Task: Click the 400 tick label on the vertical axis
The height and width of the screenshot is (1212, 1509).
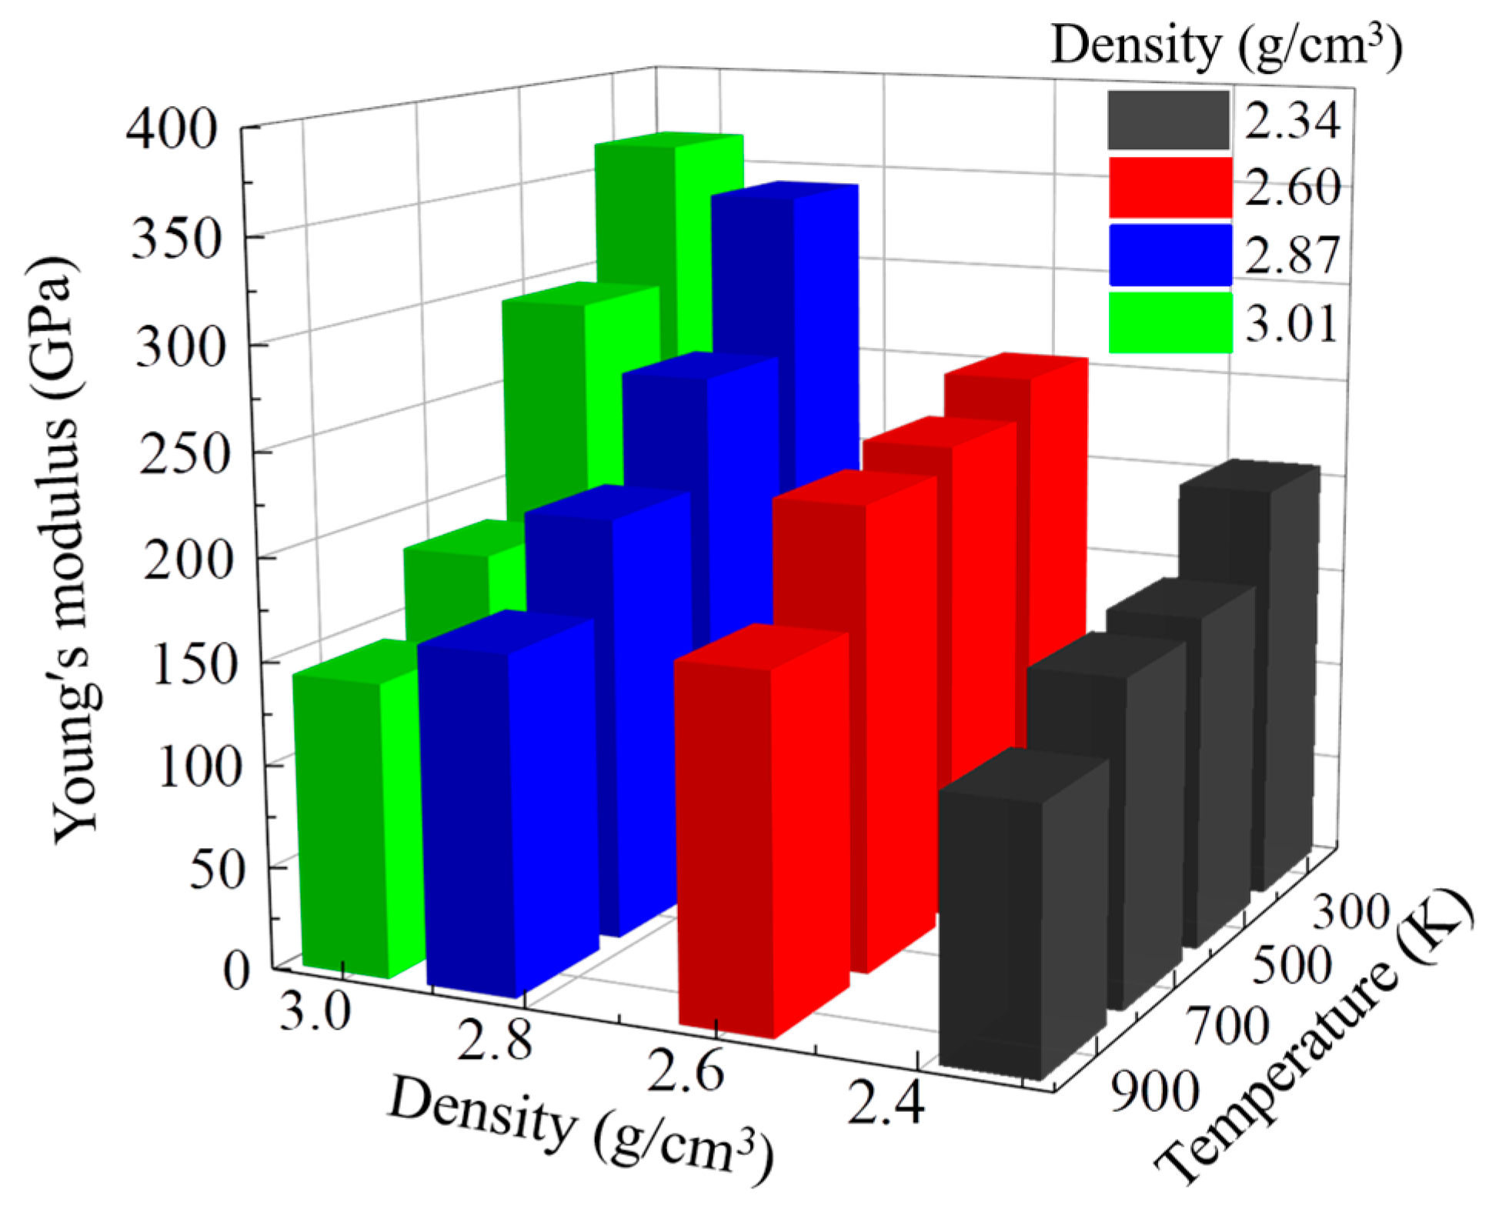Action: pyautogui.click(x=172, y=129)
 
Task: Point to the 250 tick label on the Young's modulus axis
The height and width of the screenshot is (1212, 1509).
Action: pyautogui.click(x=182, y=456)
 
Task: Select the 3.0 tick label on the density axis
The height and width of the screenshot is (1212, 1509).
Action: pyautogui.click(x=315, y=1010)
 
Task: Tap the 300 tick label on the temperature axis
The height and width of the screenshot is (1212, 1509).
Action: pyautogui.click(x=1350, y=913)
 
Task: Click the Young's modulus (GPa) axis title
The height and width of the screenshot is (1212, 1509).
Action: pyautogui.click(x=65, y=550)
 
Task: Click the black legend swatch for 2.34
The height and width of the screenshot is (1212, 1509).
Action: pyautogui.click(x=1168, y=120)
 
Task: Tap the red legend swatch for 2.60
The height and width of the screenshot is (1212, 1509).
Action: pyautogui.click(x=1170, y=187)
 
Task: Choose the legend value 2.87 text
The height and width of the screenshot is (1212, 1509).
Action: pyautogui.click(x=1292, y=255)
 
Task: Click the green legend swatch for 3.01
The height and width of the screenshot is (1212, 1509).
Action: pyautogui.click(x=1170, y=322)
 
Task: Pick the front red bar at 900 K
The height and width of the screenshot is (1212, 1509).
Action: pyautogui.click(x=762, y=839)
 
